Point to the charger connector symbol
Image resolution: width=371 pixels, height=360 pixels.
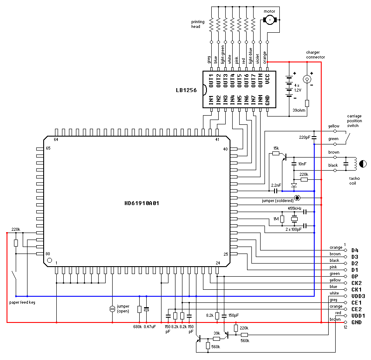[x=307, y=79]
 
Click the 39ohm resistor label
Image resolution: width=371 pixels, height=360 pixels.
[x=299, y=111]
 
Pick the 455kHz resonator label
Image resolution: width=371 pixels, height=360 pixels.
[x=295, y=208]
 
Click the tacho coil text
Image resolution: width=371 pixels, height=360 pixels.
[x=354, y=181]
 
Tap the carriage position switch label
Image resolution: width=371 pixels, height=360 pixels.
[x=354, y=120]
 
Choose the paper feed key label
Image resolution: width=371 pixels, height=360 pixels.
[x=22, y=302]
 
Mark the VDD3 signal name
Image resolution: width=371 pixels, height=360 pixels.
[x=358, y=296]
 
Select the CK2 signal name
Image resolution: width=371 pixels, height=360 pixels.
[x=357, y=283]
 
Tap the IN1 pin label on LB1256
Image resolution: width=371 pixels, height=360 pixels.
[x=211, y=100]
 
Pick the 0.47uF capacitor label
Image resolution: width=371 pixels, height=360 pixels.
[x=149, y=326]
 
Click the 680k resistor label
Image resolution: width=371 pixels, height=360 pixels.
[x=137, y=326]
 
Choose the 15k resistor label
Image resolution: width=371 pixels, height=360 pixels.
[x=275, y=148]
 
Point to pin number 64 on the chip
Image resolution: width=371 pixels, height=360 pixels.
[x=56, y=140]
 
